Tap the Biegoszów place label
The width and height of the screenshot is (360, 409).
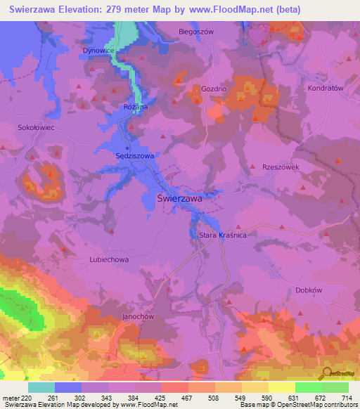tap(196, 32)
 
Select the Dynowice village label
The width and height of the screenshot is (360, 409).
tap(98, 51)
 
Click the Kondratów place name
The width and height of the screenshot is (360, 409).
tap(325, 89)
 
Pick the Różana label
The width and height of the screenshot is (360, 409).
tap(135, 107)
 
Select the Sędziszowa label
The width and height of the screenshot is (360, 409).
tap(134, 155)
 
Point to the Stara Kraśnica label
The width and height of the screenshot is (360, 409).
tap(223, 235)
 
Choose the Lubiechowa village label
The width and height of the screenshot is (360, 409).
tap(109, 259)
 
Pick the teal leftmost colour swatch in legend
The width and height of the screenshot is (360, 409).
tap(41, 387)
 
